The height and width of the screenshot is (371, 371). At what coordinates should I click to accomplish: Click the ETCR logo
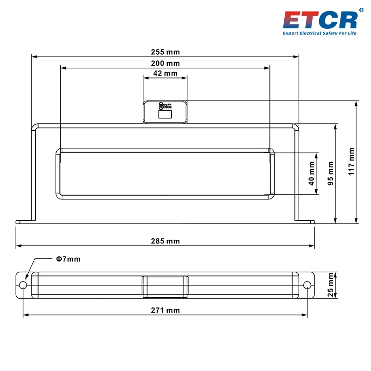320,20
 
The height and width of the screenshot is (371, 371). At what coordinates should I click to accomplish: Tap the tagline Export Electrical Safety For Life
320,33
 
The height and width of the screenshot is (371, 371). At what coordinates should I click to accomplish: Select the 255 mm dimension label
166,52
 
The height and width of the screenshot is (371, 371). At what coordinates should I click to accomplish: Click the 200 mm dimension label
166,64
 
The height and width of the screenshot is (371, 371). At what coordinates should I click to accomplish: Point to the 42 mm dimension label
166,73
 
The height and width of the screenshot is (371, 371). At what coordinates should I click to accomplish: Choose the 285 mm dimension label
166,241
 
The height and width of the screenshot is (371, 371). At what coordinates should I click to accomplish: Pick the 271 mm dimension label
166,310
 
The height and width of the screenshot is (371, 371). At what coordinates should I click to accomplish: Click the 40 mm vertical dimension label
311,173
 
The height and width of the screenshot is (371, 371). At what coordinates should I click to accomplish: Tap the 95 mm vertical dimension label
330,173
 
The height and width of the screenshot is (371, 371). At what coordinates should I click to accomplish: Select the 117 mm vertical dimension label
351,161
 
